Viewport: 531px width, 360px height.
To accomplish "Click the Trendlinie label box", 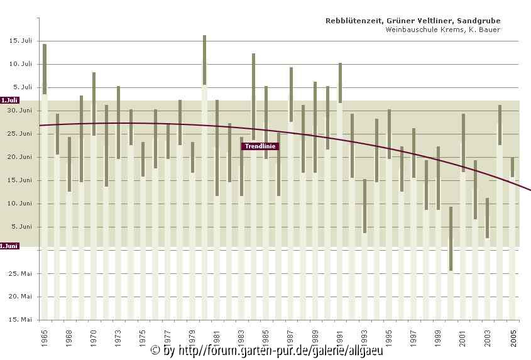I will pos(259,146).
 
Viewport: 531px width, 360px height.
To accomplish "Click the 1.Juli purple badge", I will pos(9,100).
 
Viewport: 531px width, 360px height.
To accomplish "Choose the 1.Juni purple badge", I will pos(9,246).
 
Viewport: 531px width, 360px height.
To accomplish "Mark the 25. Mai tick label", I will pos(21,273).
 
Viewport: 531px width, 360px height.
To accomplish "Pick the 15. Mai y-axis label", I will pos(21,320).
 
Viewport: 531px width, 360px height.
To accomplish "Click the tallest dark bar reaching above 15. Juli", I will pos(204,60).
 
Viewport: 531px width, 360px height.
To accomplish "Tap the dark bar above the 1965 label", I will pos(45,69).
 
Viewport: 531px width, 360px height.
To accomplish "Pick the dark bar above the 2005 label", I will pos(513,167).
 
